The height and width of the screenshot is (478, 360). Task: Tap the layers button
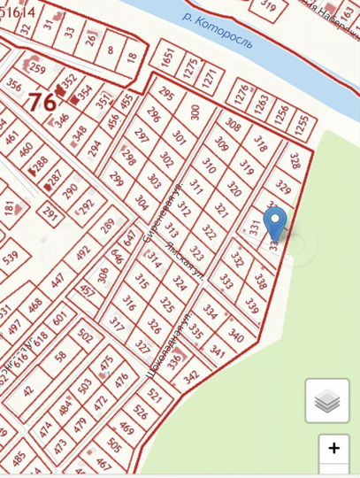pyautogui.click(x=327, y=401)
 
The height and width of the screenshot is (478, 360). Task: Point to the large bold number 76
pyautogui.click(x=42, y=101)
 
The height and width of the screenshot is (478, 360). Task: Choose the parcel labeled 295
pyautogui.click(x=167, y=96)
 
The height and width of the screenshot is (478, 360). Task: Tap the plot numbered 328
pyautogui.click(x=295, y=163)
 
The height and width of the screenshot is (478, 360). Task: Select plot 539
pyautogui.click(x=10, y=258)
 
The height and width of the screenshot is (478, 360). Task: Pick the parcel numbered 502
pyautogui.click(x=85, y=336)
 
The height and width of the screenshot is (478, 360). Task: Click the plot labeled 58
pyautogui.click(x=59, y=356)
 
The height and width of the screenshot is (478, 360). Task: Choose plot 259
pyautogui.click(x=37, y=67)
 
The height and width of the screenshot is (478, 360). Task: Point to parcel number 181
pyautogui.click(x=9, y=209)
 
